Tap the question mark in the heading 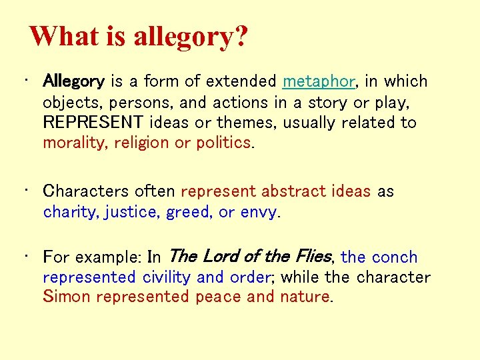tap(238, 37)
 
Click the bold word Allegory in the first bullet tap(73, 82)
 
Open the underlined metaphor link tap(319, 82)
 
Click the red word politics tap(223, 143)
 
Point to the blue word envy tap(258, 212)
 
